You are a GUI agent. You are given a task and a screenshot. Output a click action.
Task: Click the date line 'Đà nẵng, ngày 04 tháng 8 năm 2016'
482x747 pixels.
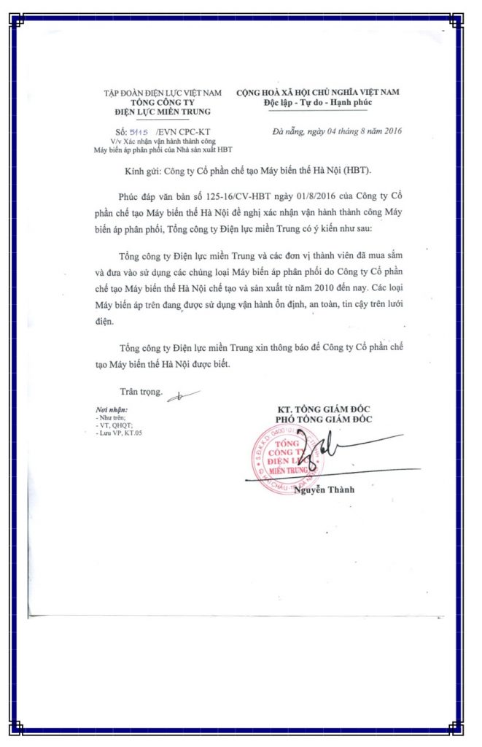tap(336, 131)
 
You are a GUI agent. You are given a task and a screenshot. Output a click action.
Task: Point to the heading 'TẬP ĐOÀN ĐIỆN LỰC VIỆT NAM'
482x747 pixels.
tap(162, 93)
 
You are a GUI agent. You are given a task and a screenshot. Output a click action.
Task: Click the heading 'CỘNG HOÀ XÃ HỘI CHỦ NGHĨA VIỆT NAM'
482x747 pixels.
tap(318, 92)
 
